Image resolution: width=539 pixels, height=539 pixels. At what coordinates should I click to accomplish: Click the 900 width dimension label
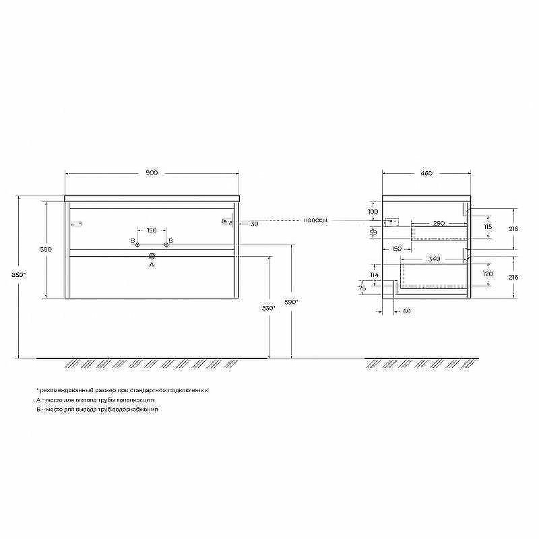tap(152, 173)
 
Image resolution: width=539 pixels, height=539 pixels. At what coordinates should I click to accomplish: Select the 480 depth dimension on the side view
tap(426, 173)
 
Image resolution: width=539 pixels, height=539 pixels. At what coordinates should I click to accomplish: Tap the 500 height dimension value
tap(46, 249)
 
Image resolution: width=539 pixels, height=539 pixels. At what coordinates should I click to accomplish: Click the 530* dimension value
tap(269, 308)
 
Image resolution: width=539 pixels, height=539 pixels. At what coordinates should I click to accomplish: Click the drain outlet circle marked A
tap(152, 256)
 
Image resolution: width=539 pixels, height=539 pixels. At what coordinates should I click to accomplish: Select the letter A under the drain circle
tap(152, 265)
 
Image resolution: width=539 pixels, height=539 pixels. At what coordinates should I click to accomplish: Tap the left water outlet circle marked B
tap(138, 243)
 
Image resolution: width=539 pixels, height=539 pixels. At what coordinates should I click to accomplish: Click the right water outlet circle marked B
tap(165, 243)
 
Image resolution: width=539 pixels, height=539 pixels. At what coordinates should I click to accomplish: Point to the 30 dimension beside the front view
tap(254, 224)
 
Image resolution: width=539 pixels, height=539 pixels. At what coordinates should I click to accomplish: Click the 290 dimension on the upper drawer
tap(438, 222)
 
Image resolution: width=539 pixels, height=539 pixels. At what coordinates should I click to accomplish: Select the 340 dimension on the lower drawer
tap(435, 259)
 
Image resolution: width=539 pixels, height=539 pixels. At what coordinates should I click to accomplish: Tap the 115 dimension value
tap(487, 227)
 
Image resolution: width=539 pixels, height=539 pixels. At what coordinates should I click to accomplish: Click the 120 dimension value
tap(487, 274)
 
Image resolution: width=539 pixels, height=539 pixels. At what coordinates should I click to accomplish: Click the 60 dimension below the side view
tap(407, 311)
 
